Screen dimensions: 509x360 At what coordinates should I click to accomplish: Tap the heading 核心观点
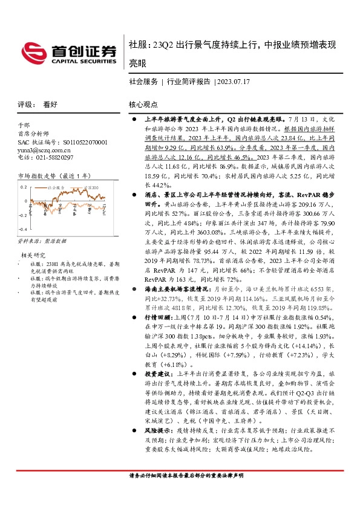point(143,104)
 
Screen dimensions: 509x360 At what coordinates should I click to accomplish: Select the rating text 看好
point(50,104)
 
